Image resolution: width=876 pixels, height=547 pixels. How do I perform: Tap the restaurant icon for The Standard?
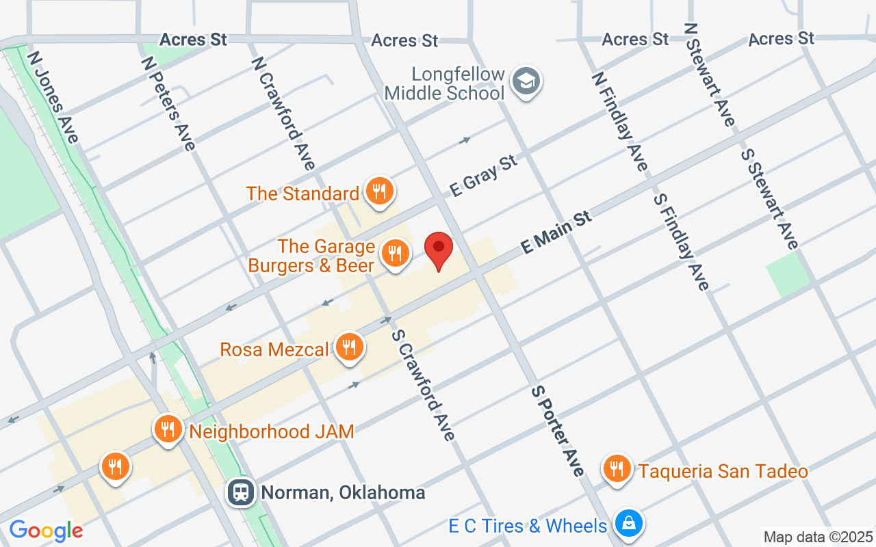coord(378,191)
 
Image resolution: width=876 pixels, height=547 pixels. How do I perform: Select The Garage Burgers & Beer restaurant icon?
coord(395,254)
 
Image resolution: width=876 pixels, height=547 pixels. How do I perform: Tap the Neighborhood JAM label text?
coord(272,431)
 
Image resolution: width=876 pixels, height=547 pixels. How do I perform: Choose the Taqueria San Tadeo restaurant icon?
coord(617,470)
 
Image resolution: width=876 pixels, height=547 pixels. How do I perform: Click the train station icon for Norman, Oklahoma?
coord(242,492)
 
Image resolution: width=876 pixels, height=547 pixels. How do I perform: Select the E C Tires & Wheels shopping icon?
coord(628,524)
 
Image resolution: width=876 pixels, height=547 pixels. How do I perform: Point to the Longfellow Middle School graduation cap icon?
coord(527,82)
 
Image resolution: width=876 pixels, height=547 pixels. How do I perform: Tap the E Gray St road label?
coord(483,176)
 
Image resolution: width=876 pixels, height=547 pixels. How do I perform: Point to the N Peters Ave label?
coord(168,103)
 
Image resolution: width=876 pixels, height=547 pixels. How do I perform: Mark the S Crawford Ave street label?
coord(423,385)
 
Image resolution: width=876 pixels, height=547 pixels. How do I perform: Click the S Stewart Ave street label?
coord(769,198)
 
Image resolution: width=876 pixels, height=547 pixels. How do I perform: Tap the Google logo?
coord(46,531)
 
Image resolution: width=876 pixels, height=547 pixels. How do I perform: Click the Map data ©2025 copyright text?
coord(818,537)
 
